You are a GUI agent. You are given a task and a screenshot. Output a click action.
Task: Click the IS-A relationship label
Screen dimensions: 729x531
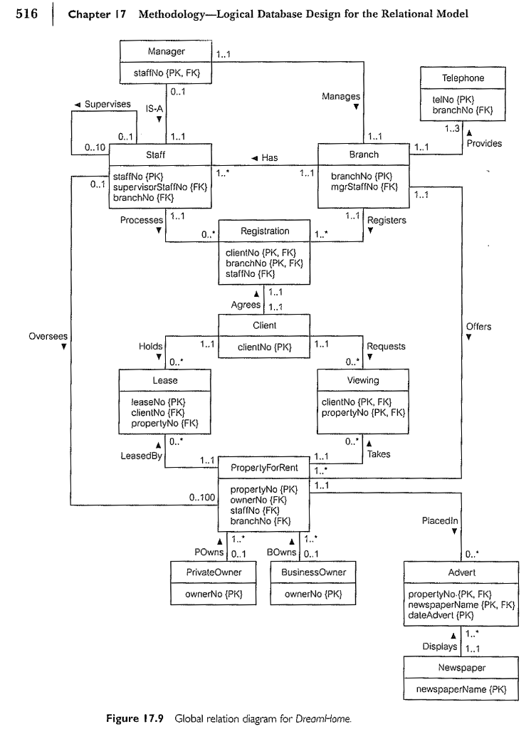tap(156, 110)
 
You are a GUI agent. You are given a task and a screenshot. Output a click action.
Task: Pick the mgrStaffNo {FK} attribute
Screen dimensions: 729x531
tap(363, 187)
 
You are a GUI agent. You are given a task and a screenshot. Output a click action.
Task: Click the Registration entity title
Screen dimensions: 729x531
tap(265, 231)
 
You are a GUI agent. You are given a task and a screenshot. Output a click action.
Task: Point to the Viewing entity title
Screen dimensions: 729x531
tap(363, 380)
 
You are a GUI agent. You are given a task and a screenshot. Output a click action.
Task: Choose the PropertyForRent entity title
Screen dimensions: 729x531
tap(264, 468)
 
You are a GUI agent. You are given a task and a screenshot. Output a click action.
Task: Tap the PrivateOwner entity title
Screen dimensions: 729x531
tap(213, 572)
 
